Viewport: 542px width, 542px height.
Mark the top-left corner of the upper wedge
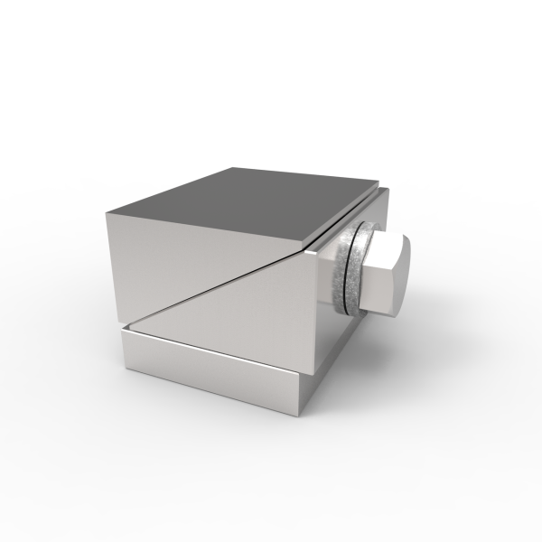pos(107,213)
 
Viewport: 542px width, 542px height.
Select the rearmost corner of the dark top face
pos(232,167)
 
